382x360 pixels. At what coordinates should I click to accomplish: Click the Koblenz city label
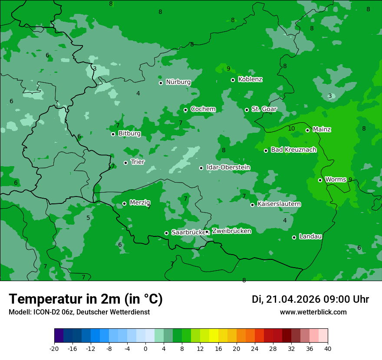pyautogui.click(x=250, y=79)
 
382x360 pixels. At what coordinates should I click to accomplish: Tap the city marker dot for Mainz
pyautogui.click(x=307, y=130)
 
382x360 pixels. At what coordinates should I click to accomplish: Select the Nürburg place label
pyautogui.click(x=178, y=82)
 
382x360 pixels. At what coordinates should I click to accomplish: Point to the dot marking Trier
pyautogui.click(x=126, y=163)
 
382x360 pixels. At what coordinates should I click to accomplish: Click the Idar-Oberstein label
pyautogui.click(x=228, y=167)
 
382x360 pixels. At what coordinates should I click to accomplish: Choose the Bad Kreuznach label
pyautogui.click(x=293, y=150)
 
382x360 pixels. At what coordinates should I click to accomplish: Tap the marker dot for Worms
pyautogui.click(x=320, y=180)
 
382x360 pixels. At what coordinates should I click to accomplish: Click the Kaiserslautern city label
pyautogui.click(x=279, y=204)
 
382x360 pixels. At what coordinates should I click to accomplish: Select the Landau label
pyautogui.click(x=310, y=236)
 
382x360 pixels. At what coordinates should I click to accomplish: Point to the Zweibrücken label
pyautogui.click(x=231, y=231)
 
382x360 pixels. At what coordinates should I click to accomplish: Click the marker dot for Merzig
pyautogui.click(x=124, y=203)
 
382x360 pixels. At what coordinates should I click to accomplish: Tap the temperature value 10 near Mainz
pyautogui.click(x=291, y=128)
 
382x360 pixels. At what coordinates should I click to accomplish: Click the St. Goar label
pyautogui.click(x=264, y=109)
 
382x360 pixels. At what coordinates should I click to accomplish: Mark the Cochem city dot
pyautogui.click(x=185, y=110)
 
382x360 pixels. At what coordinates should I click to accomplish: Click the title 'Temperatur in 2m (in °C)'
pyautogui.click(x=86, y=299)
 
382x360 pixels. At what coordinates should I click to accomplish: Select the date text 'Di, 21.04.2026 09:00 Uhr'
pyautogui.click(x=310, y=299)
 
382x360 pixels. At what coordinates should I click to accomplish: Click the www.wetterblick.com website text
pyautogui.click(x=313, y=312)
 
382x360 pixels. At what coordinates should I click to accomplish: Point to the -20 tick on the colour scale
pyautogui.click(x=54, y=348)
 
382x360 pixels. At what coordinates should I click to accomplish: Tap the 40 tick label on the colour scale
pyautogui.click(x=327, y=348)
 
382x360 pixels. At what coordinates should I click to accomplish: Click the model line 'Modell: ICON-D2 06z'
pyautogui.click(x=79, y=312)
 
